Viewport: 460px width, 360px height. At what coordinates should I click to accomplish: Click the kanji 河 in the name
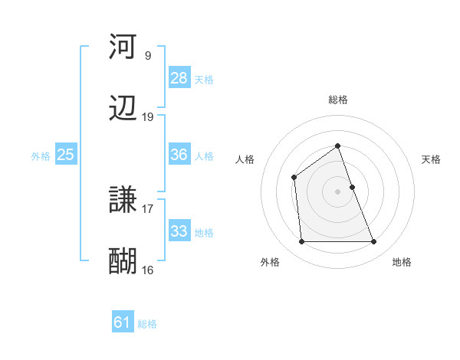[123, 46]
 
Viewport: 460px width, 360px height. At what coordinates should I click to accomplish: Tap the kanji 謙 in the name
[123, 201]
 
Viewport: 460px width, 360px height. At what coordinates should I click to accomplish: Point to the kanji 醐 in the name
[123, 261]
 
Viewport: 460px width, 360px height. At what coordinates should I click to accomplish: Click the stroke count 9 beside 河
[148, 55]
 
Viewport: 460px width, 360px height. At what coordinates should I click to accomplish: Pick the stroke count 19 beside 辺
[148, 117]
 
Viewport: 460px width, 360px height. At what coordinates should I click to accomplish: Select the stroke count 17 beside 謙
[148, 208]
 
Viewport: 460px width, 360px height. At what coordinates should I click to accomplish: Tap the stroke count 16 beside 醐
[148, 270]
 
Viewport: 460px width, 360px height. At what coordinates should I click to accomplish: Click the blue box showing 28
[179, 77]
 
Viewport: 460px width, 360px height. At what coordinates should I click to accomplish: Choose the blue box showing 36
[179, 155]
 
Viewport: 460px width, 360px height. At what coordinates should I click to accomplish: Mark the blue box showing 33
[179, 231]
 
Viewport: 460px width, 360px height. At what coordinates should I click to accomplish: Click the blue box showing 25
[65, 155]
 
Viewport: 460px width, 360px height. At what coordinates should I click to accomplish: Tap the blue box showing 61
[123, 322]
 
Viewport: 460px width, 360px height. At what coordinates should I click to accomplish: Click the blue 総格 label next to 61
[147, 324]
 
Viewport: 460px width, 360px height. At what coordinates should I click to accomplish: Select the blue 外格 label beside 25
[41, 156]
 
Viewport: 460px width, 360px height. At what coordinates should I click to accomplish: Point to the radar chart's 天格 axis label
[431, 159]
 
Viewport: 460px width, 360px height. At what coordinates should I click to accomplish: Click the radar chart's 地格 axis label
[402, 262]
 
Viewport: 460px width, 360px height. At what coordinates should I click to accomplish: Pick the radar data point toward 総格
[337, 146]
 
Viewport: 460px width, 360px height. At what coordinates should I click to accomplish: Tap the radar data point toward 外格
[301, 242]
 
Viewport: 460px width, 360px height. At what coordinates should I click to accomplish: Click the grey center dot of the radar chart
[337, 191]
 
